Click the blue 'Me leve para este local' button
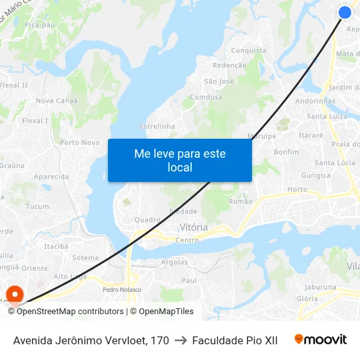click(179, 160)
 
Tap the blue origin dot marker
click(345, 12)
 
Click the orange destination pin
click(14, 294)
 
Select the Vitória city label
click(193, 227)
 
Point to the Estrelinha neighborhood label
click(157, 126)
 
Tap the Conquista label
click(249, 50)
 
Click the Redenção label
click(230, 65)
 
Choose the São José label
click(219, 81)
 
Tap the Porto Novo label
click(80, 142)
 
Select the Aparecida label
click(51, 177)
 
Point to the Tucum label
click(37, 206)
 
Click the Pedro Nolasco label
click(122, 289)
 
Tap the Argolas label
click(174, 262)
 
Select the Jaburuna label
click(320, 287)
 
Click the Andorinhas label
click(315, 101)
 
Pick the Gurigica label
click(316, 175)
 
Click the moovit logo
click(320, 340)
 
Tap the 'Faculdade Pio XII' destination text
click(235, 340)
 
